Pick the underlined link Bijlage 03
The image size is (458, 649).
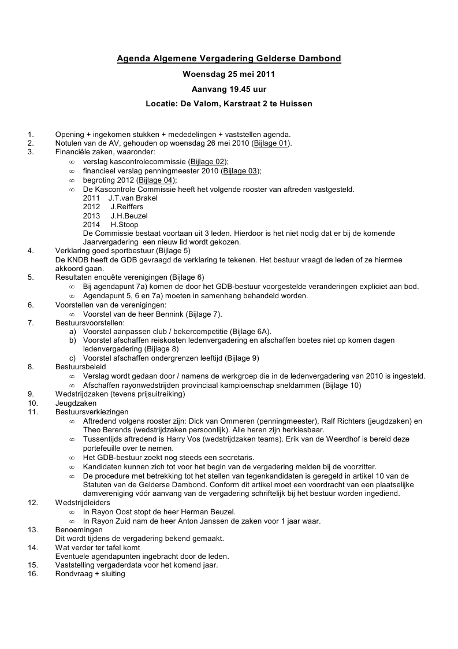click(x=240, y=170)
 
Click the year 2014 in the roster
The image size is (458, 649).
click(x=92, y=224)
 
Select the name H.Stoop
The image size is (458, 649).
click(x=124, y=224)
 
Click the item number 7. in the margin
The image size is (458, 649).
click(x=31, y=322)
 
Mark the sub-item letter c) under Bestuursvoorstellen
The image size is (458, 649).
click(x=73, y=358)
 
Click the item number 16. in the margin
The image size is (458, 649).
click(x=33, y=574)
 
